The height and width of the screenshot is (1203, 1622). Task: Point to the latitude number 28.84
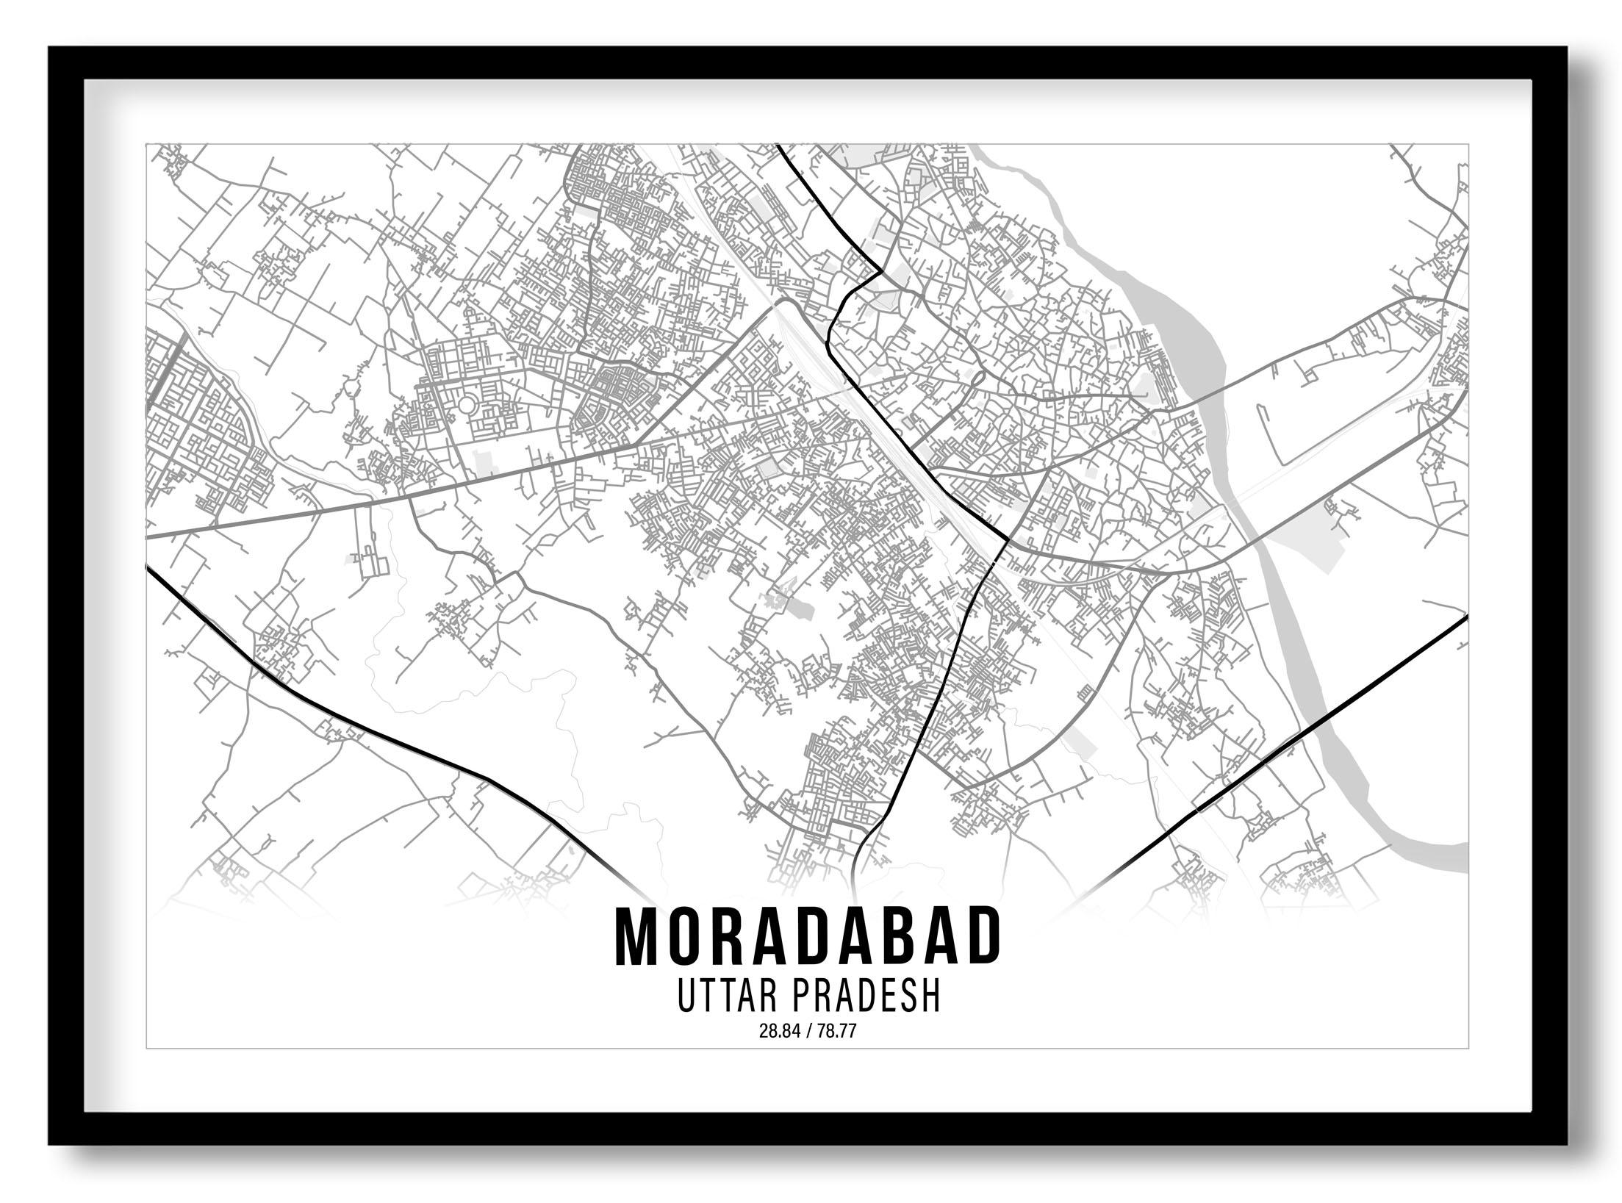point(776,1032)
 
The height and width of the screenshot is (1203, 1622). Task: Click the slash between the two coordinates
point(808,1032)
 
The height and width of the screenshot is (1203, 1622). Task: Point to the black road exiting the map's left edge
point(150,570)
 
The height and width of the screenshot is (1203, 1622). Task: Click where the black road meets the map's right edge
point(1465,618)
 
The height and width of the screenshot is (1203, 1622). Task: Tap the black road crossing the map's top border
point(779,146)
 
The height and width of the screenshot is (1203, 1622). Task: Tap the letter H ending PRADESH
point(930,997)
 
